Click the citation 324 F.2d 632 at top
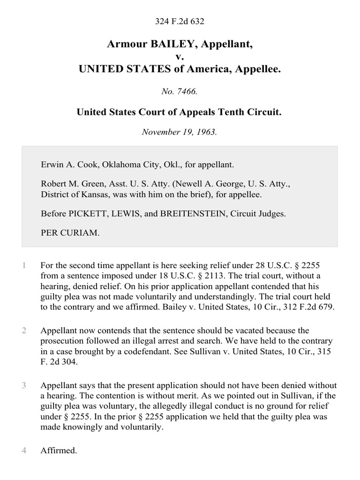click(x=180, y=21)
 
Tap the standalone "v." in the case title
click(x=180, y=57)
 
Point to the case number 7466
click(x=187, y=91)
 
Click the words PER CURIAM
click(x=70, y=232)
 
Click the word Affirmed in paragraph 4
click(x=59, y=450)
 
